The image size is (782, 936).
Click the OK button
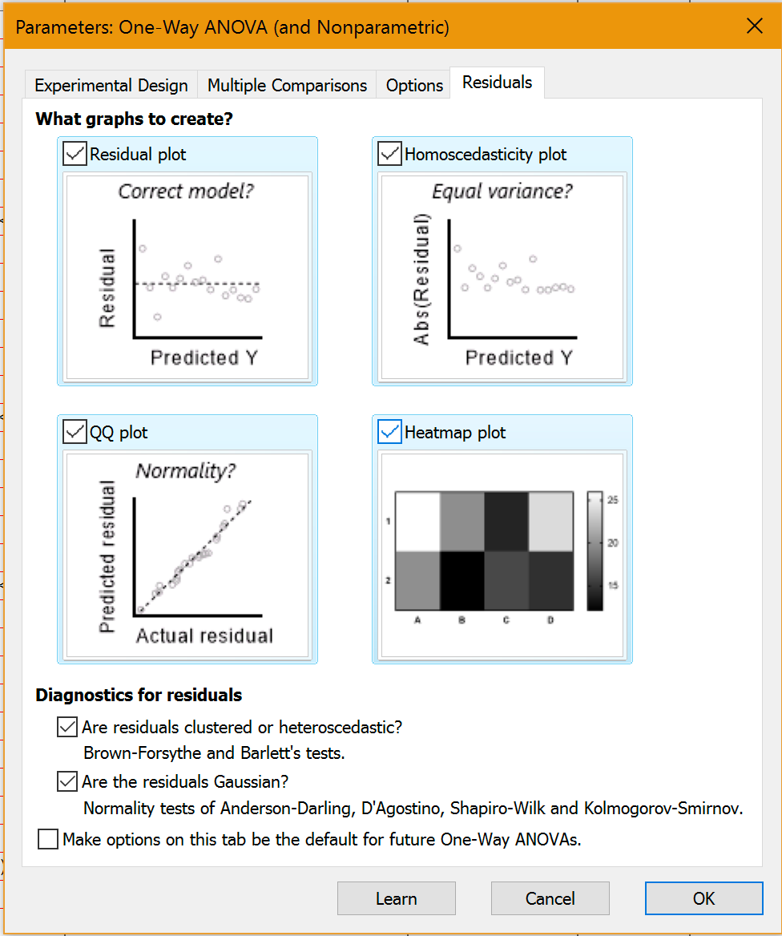(703, 898)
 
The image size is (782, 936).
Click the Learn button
(396, 898)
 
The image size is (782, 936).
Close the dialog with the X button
(754, 26)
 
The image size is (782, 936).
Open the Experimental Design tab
(111, 85)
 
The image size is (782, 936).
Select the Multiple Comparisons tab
(287, 85)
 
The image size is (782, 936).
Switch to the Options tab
(414, 85)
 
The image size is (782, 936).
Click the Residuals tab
(497, 83)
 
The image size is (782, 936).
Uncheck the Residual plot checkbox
(75, 154)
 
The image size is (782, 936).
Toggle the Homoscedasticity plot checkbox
(389, 154)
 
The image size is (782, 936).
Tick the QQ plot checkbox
(75, 433)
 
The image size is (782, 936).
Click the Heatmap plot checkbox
(389, 433)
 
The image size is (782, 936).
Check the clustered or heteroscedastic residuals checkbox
(67, 727)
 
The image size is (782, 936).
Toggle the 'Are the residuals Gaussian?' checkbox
(67, 781)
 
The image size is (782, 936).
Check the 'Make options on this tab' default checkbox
(48, 839)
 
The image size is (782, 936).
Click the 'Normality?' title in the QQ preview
(186, 470)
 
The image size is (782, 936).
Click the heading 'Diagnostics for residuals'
(139, 695)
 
